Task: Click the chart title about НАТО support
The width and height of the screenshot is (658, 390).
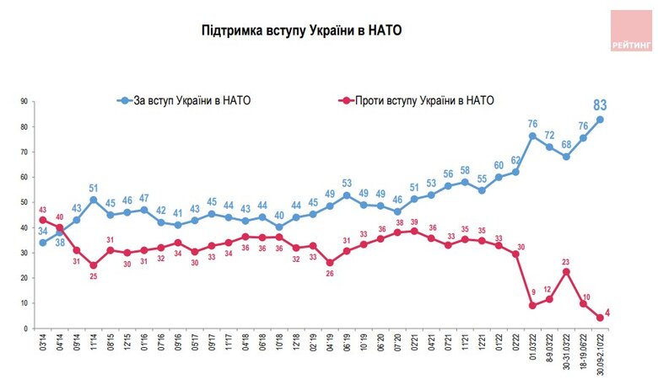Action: [301, 31]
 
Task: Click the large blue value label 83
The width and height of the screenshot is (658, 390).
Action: [601, 105]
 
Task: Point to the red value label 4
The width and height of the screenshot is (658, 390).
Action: [607, 313]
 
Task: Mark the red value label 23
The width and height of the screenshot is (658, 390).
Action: [567, 260]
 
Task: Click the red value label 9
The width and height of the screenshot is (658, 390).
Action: [532, 294]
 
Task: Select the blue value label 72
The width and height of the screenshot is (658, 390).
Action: [548, 135]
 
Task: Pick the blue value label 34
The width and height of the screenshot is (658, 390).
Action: [42, 232]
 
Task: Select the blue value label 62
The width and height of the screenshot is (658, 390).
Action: [515, 160]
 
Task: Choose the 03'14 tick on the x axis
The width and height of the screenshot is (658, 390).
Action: [42, 345]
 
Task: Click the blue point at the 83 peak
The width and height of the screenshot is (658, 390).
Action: [600, 120]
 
